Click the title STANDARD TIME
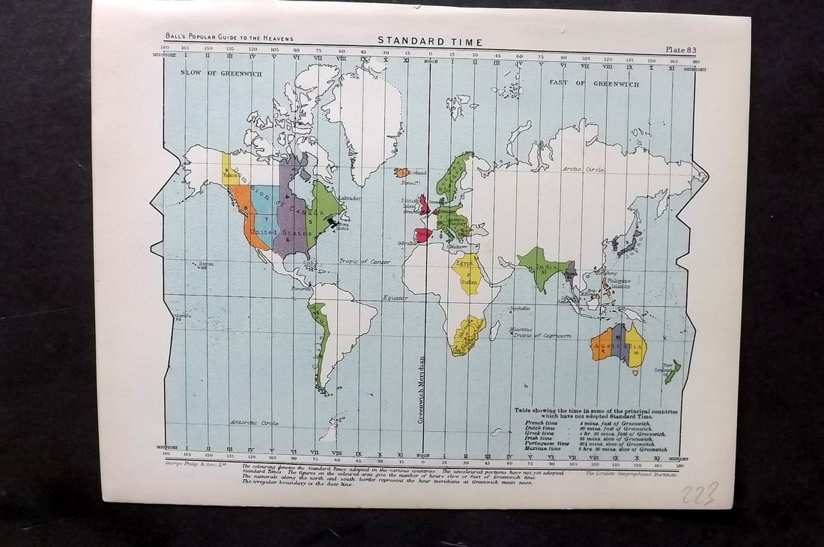(429, 42)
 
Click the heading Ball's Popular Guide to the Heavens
(229, 38)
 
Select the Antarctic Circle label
(254, 423)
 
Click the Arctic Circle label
(583, 170)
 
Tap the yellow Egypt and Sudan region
(467, 273)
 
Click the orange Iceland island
(402, 173)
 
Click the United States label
(273, 233)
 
